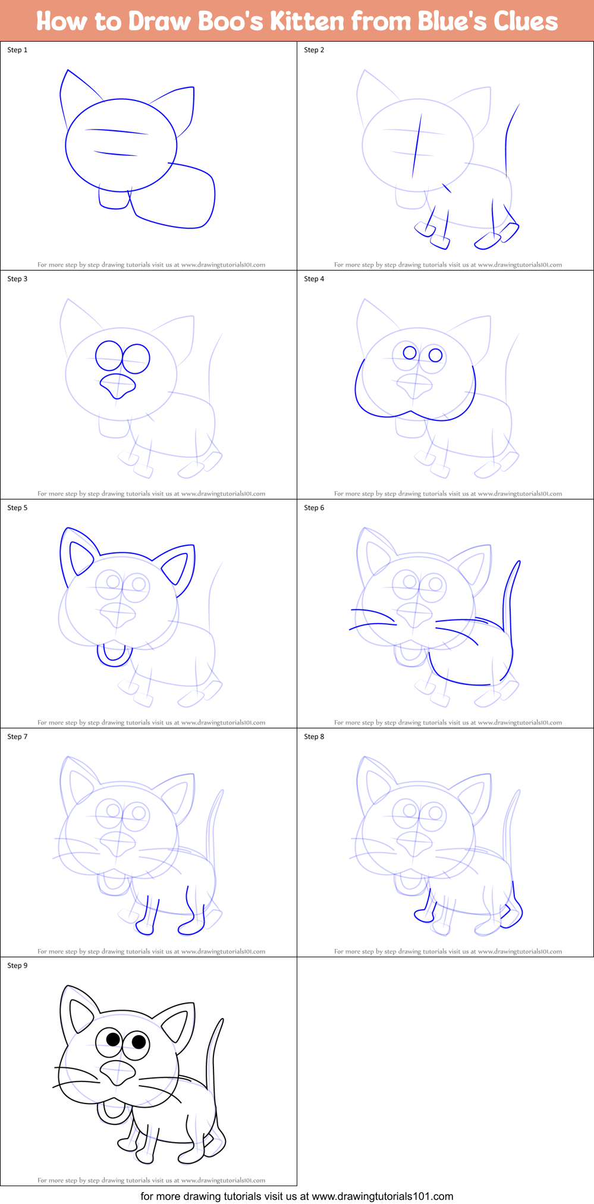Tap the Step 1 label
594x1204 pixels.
coord(17,50)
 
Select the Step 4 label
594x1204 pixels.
coord(314,279)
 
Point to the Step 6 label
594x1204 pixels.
coord(314,508)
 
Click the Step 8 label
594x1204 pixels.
coord(314,737)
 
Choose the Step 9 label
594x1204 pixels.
coord(17,966)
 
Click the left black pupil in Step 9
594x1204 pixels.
coord(114,1039)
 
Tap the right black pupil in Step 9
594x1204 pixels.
coord(139,1041)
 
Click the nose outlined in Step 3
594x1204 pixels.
coord(118,385)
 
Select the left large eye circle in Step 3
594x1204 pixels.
coord(109,356)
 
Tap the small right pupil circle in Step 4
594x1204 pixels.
coord(435,355)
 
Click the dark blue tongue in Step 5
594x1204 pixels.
coord(114,655)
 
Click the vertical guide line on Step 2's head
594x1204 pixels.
coord(417,146)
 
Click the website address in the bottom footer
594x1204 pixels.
coord(382,1196)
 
